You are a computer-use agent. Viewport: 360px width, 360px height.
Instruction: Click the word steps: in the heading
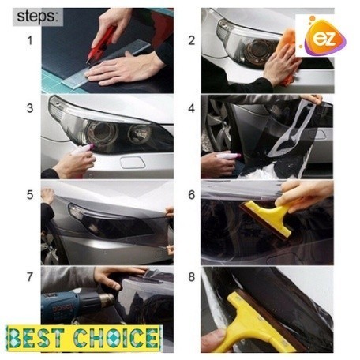click(38, 17)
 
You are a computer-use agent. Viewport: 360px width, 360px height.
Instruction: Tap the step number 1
click(30, 41)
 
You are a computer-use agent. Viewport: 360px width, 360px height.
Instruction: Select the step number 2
click(192, 41)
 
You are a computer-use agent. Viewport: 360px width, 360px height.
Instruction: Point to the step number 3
click(30, 108)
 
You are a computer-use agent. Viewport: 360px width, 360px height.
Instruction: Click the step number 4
click(192, 108)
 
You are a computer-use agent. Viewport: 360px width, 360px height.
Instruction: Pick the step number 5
click(30, 195)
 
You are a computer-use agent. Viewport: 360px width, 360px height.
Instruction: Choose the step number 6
click(192, 195)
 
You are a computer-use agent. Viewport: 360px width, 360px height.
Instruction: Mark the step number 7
click(30, 277)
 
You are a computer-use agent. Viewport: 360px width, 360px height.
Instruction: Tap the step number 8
click(192, 277)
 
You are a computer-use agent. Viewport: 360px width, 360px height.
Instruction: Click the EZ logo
click(323, 37)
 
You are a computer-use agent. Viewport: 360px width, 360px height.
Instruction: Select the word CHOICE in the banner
click(116, 338)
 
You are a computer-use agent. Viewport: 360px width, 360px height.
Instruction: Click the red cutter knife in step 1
click(101, 43)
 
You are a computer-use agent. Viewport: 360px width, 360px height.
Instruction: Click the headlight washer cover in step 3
click(133, 162)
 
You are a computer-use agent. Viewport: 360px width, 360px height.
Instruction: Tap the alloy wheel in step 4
click(217, 126)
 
